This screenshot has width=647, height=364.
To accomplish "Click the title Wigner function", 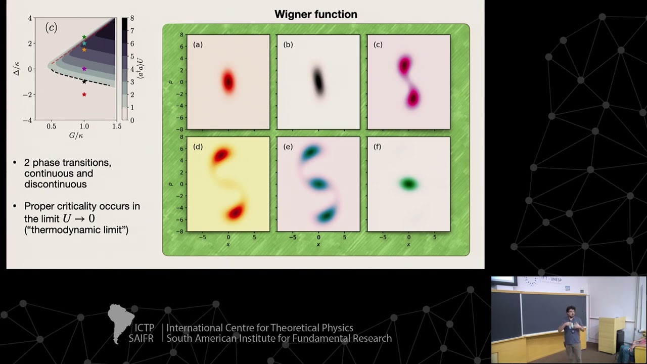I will click(315, 14).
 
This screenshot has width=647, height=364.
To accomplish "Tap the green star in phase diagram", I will click(84, 37).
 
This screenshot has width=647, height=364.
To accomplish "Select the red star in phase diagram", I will click(84, 95).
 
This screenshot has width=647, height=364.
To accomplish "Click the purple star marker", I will click(84, 69).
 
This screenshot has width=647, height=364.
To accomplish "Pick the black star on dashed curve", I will click(84, 81).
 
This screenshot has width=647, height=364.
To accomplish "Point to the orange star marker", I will click(84, 50).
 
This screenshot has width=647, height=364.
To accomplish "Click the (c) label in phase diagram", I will click(51, 28).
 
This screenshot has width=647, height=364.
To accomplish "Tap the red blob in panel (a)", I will click(228, 81).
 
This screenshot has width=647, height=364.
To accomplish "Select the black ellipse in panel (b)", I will click(318, 81).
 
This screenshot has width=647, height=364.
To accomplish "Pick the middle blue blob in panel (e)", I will click(318, 184).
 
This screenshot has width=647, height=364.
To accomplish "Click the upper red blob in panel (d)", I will click(221, 155).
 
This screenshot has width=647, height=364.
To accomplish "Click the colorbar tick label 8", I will click(132, 19).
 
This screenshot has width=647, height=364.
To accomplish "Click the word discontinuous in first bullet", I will click(55, 185).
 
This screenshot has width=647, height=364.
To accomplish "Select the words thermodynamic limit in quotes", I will click(76, 230).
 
